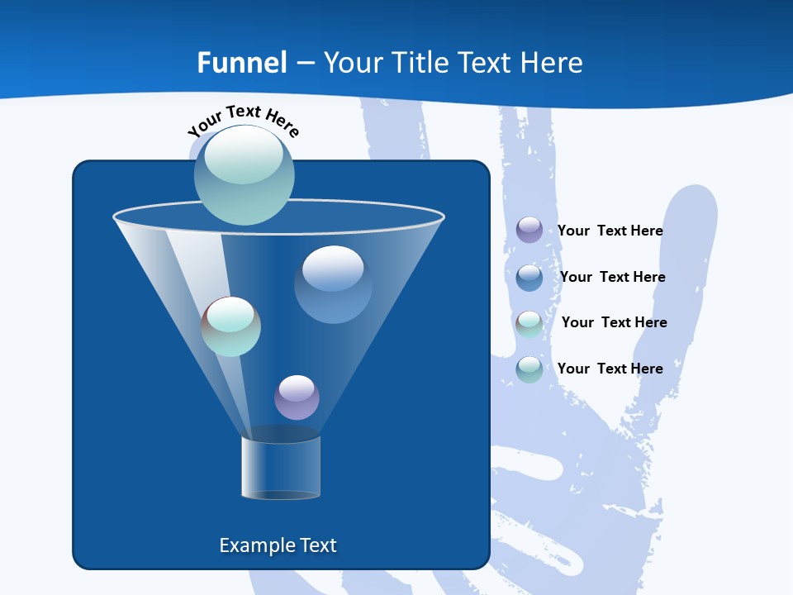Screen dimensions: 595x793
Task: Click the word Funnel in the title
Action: pyautogui.click(x=241, y=63)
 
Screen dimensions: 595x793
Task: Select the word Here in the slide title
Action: pyautogui.click(x=552, y=63)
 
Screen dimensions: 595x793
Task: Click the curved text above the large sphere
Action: pyautogui.click(x=244, y=119)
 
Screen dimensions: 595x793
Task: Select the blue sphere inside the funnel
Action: pyautogui.click(x=333, y=284)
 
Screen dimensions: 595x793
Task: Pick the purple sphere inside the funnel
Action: pyautogui.click(x=297, y=397)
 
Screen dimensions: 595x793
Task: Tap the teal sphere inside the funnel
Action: pyautogui.click(x=230, y=326)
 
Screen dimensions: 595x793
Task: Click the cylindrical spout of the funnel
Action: pyautogui.click(x=280, y=468)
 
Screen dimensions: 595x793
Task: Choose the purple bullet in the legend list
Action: pyautogui.click(x=529, y=230)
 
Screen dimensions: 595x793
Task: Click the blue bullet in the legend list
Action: pyautogui.click(x=529, y=277)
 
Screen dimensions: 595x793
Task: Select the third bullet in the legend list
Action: pyautogui.click(x=529, y=323)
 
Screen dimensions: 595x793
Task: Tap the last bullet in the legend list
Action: pyautogui.click(x=529, y=369)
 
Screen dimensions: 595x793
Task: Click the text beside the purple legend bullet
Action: pyautogui.click(x=610, y=231)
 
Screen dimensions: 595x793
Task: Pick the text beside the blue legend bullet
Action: pyautogui.click(x=612, y=277)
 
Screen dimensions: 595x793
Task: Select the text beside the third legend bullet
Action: pyautogui.click(x=614, y=322)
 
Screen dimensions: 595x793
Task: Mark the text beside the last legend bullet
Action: pyautogui.click(x=610, y=369)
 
